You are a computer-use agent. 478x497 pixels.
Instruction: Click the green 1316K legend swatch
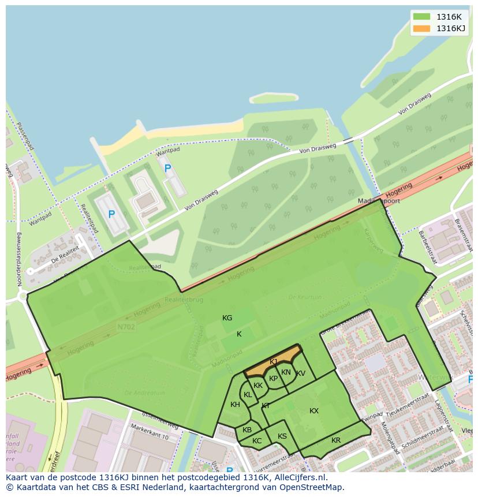click(421, 17)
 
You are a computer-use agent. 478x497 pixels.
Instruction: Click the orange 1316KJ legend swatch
click(421, 28)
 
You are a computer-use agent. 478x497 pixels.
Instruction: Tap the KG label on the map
click(227, 318)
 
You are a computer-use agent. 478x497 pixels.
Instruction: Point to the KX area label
click(314, 411)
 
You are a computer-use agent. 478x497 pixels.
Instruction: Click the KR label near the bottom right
click(336, 440)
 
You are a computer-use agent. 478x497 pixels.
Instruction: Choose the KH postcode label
click(235, 405)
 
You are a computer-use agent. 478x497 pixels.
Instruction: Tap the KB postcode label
click(247, 430)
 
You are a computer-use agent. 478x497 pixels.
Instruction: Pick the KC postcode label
click(257, 441)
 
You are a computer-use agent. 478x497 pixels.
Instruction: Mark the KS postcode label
click(282, 436)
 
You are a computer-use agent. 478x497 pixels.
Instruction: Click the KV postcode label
click(301, 373)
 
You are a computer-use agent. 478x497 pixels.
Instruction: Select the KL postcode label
click(248, 395)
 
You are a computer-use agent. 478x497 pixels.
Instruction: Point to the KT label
click(266, 406)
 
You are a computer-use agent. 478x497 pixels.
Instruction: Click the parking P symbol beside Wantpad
click(168, 169)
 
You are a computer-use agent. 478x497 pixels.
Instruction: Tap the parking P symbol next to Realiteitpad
click(111, 214)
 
